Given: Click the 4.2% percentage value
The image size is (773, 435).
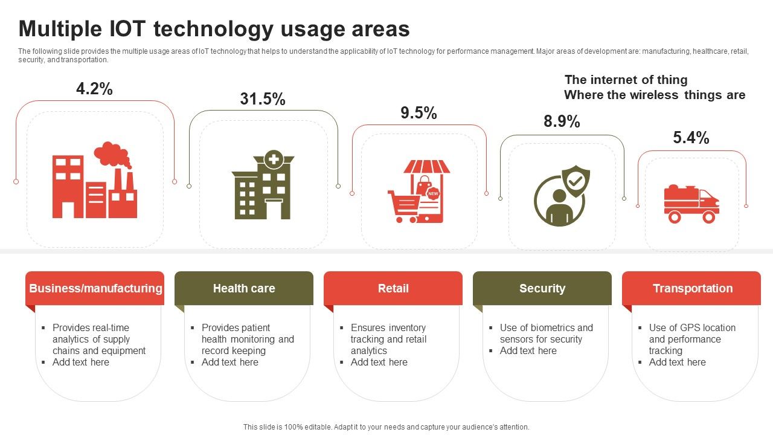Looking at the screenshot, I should [x=94, y=89].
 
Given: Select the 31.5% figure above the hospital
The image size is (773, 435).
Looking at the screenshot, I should [x=263, y=99].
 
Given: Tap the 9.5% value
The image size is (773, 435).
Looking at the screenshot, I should [x=419, y=113].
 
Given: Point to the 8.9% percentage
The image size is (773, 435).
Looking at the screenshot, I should [x=562, y=121].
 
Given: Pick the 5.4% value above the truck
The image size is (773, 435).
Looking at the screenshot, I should [x=691, y=138].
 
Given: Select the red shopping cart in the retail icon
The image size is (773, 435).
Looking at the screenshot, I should [x=403, y=205].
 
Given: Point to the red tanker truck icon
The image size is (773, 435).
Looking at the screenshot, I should [x=691, y=204].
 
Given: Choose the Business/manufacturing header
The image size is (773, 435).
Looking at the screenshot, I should [x=95, y=288].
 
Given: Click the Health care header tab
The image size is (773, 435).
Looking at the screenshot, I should [x=244, y=288].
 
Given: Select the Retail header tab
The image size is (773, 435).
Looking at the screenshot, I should [x=393, y=288].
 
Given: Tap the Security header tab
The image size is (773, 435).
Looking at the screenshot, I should [x=542, y=288].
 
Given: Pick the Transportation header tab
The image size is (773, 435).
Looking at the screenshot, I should [x=692, y=288].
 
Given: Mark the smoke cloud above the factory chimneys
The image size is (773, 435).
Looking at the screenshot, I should [x=112, y=155].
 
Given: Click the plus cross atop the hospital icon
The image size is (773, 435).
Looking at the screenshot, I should [x=274, y=159].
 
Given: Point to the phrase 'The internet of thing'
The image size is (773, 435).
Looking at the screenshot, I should [x=626, y=80].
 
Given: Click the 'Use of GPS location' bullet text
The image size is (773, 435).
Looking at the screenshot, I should [x=692, y=327].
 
